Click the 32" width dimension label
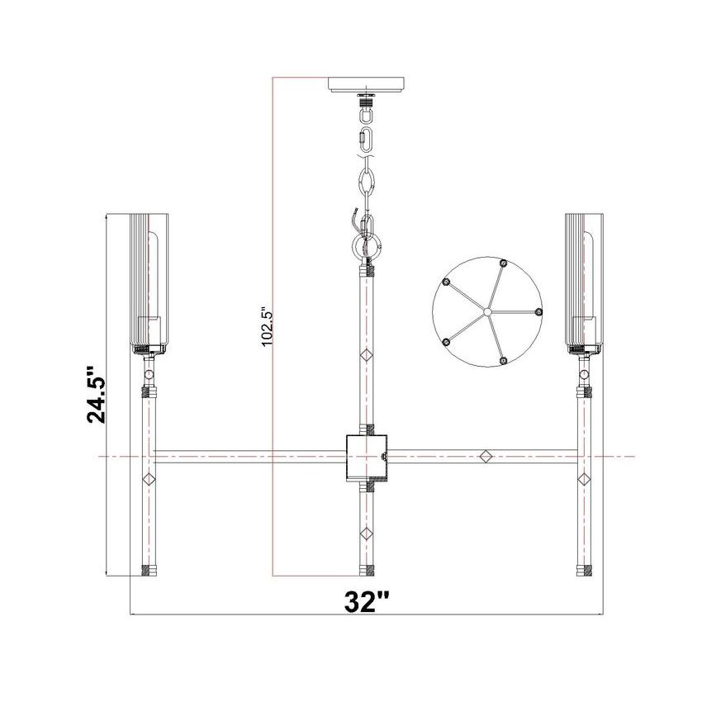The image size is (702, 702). tap(367, 602)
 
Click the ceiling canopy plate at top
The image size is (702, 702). tap(366, 84)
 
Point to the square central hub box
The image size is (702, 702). tap(367, 457)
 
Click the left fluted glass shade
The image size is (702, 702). tap(149, 283)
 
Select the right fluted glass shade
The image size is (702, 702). tap(584, 283)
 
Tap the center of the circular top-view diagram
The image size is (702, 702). tap(487, 311)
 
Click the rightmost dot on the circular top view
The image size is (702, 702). tap(538, 311)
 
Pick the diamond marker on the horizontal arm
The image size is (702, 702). tap(486, 456)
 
